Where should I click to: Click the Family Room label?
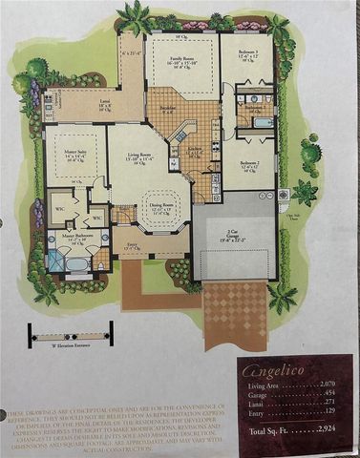click(180, 59)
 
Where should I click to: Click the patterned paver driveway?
click(235, 309)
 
